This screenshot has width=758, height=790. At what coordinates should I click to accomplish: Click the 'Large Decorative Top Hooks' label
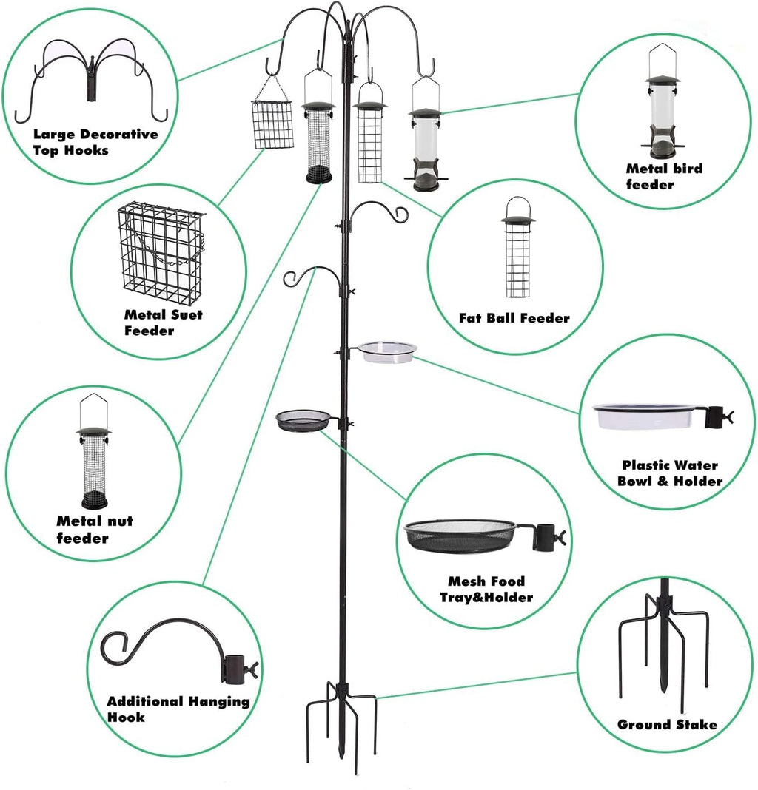point(95,142)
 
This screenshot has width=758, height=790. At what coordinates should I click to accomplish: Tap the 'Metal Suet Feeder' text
point(163,323)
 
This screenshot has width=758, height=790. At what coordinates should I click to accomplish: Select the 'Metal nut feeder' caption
point(95,530)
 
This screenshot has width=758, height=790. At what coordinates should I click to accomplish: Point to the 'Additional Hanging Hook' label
point(178,709)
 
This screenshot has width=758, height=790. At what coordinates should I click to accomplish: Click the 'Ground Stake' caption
point(667,725)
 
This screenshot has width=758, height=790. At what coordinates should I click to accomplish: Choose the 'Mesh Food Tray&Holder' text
point(486,590)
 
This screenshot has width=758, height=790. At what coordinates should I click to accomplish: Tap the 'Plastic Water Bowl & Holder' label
point(671,473)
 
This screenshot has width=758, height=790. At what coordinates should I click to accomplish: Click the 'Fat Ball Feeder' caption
point(514,318)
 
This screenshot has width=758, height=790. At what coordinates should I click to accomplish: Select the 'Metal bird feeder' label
point(664,176)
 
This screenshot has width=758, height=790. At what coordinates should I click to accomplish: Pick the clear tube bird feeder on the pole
point(425,148)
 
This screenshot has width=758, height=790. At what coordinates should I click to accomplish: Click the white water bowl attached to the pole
point(387,351)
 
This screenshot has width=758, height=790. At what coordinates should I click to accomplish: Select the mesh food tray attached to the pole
point(303,421)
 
